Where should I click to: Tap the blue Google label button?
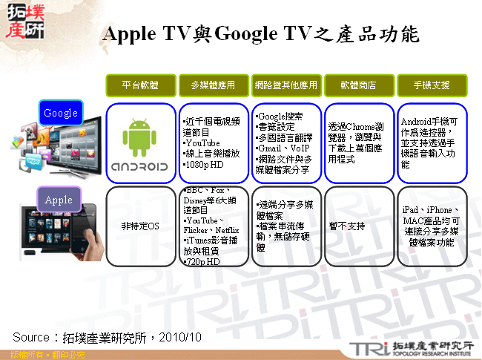tap(61, 113)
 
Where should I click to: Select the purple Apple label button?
tap(59, 200)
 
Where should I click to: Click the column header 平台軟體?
tap(139, 85)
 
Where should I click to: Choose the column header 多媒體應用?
tap(212, 85)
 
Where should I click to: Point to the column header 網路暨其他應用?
tap(285, 85)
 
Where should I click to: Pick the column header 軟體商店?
tap(358, 85)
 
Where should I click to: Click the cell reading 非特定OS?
tap(139, 226)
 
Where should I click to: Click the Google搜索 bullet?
tap(281, 117)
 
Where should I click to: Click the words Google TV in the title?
tap(260, 34)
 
